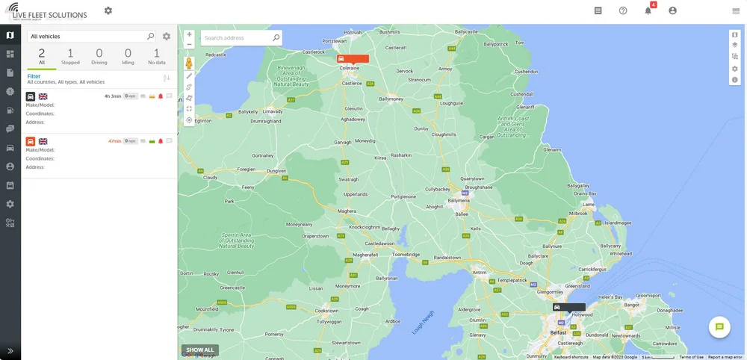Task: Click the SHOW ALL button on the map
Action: pos(200,350)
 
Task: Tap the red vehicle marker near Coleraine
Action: pos(353,58)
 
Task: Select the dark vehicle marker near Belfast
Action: pos(568,307)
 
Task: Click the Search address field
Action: pos(236,37)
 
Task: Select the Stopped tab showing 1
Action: pos(70,56)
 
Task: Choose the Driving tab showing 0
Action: pos(99,56)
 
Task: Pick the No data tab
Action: pos(157,56)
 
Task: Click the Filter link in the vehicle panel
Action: pos(34,76)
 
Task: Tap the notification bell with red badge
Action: pos(648,10)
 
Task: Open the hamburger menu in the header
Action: pos(736,10)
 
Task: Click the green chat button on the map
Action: pos(719,326)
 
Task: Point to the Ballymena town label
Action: pos(458,200)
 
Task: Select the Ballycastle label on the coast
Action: pos(465,31)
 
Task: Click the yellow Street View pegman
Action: pos(189,63)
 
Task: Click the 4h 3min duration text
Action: pos(112,96)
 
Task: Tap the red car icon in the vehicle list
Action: pos(31,141)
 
